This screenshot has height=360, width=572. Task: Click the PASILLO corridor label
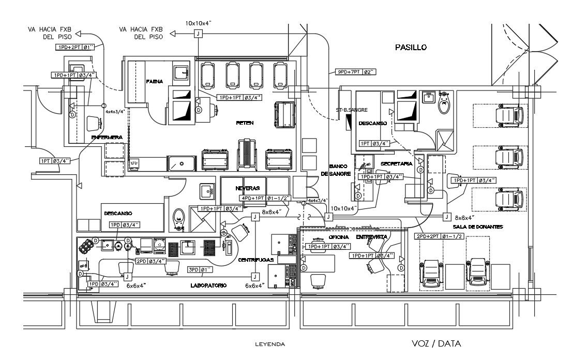[411, 47]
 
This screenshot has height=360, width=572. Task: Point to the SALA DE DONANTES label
[478, 227]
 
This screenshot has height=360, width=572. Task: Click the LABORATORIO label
[208, 285]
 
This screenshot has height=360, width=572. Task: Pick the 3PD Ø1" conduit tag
[200, 269]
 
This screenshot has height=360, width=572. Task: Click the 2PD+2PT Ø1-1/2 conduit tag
[439, 236]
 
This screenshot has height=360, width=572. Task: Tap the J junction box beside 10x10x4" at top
[198, 34]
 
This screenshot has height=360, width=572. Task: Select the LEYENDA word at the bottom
[270, 344]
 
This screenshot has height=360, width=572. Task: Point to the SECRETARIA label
[396, 163]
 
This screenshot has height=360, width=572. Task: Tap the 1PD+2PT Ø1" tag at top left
[76, 47]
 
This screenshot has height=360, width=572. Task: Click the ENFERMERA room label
[107, 137]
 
